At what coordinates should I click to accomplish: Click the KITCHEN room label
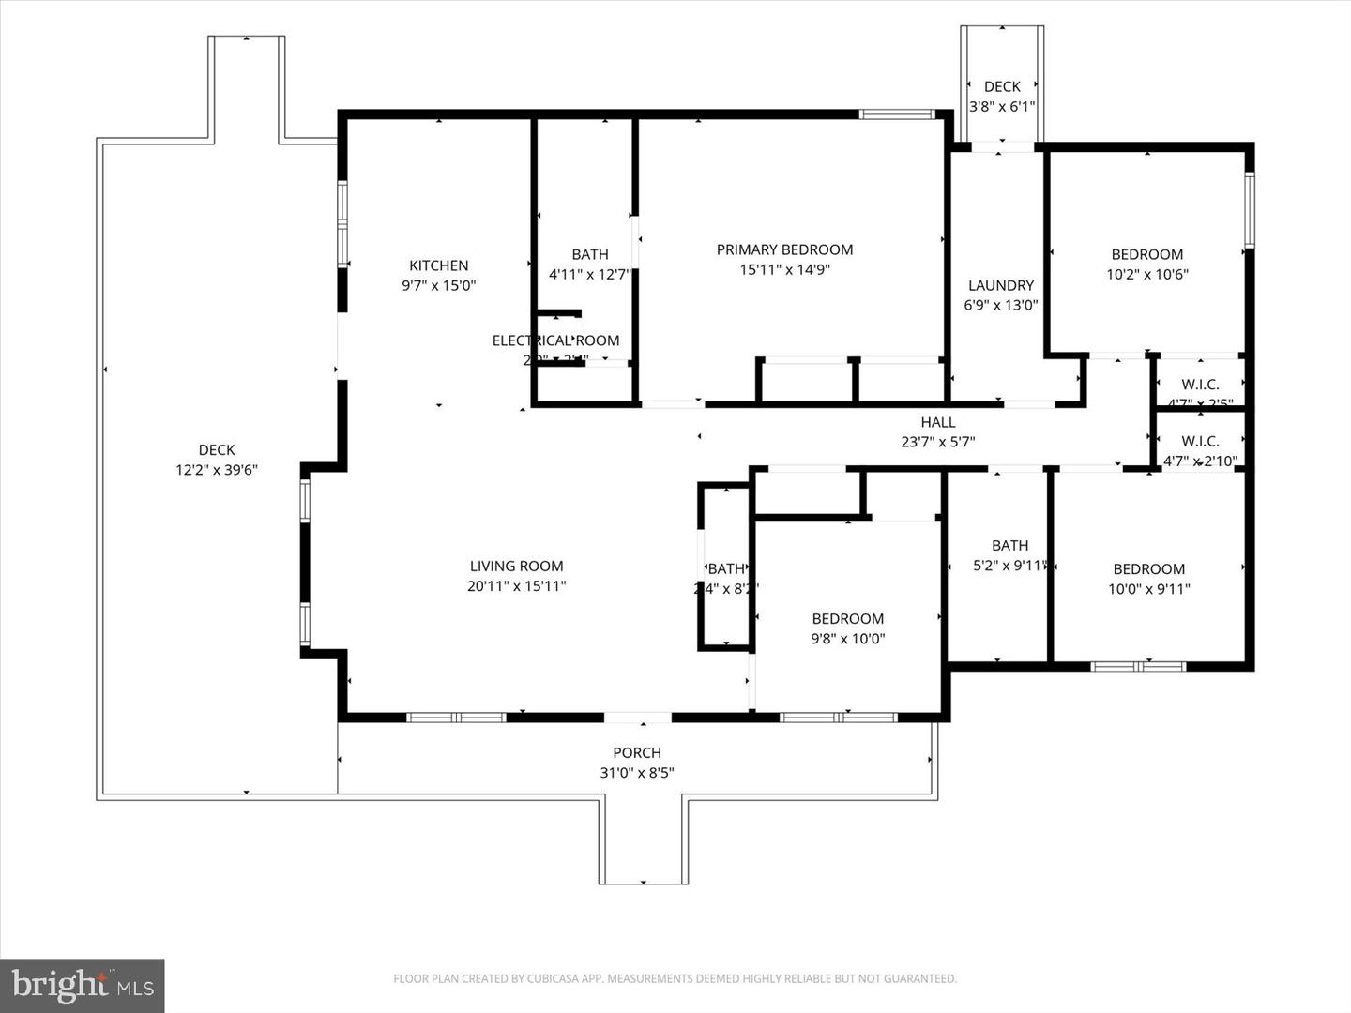pyautogui.click(x=438, y=265)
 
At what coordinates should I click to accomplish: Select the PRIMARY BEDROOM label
pyautogui.click(x=784, y=249)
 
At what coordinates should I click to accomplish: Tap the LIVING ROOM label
pyautogui.click(x=516, y=566)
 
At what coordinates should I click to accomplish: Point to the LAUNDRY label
pyautogui.click(x=1000, y=285)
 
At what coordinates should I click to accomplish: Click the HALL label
pyautogui.click(x=937, y=422)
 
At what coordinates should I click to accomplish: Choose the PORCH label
pyautogui.click(x=637, y=752)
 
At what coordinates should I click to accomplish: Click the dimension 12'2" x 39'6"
pyautogui.click(x=216, y=470)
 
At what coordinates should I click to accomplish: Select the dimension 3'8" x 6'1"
pyautogui.click(x=1001, y=106)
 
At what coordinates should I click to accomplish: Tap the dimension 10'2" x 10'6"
pyautogui.click(x=1146, y=274)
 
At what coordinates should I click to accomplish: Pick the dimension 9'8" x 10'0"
pyautogui.click(x=847, y=639)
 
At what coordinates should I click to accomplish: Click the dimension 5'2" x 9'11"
pyautogui.click(x=1009, y=566)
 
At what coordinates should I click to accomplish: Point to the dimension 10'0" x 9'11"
pyautogui.click(x=1148, y=589)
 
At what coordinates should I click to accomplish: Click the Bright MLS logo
pyautogui.click(x=83, y=985)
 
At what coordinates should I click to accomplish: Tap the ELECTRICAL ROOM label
pyautogui.click(x=555, y=340)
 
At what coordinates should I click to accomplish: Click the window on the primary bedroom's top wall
pyautogui.click(x=897, y=114)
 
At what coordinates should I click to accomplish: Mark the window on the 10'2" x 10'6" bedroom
pyautogui.click(x=1249, y=209)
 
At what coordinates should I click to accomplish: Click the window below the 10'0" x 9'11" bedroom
pyautogui.click(x=1137, y=666)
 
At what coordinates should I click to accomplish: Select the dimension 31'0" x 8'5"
pyautogui.click(x=637, y=773)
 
